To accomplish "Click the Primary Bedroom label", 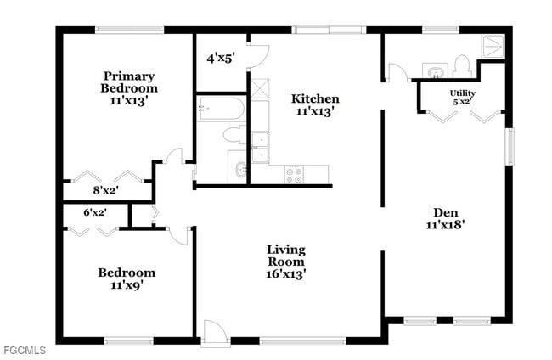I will coord(128,82).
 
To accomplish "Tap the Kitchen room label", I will coord(316,98).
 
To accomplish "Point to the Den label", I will coord(446,212).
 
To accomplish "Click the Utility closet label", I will coord(462,93).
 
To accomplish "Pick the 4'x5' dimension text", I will coord(220,59).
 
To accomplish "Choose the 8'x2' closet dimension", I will coord(106,190).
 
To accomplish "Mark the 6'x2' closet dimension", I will coord(94,212).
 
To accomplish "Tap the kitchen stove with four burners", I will coord(295,174).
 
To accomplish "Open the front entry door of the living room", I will coord(216,333).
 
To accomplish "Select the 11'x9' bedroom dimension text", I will coord(127,285).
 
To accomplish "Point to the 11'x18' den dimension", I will coord(446,225).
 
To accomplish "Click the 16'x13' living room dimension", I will coord(286,273).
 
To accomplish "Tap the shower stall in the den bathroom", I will coord(493,46).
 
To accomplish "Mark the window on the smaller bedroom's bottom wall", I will coord(128,341).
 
